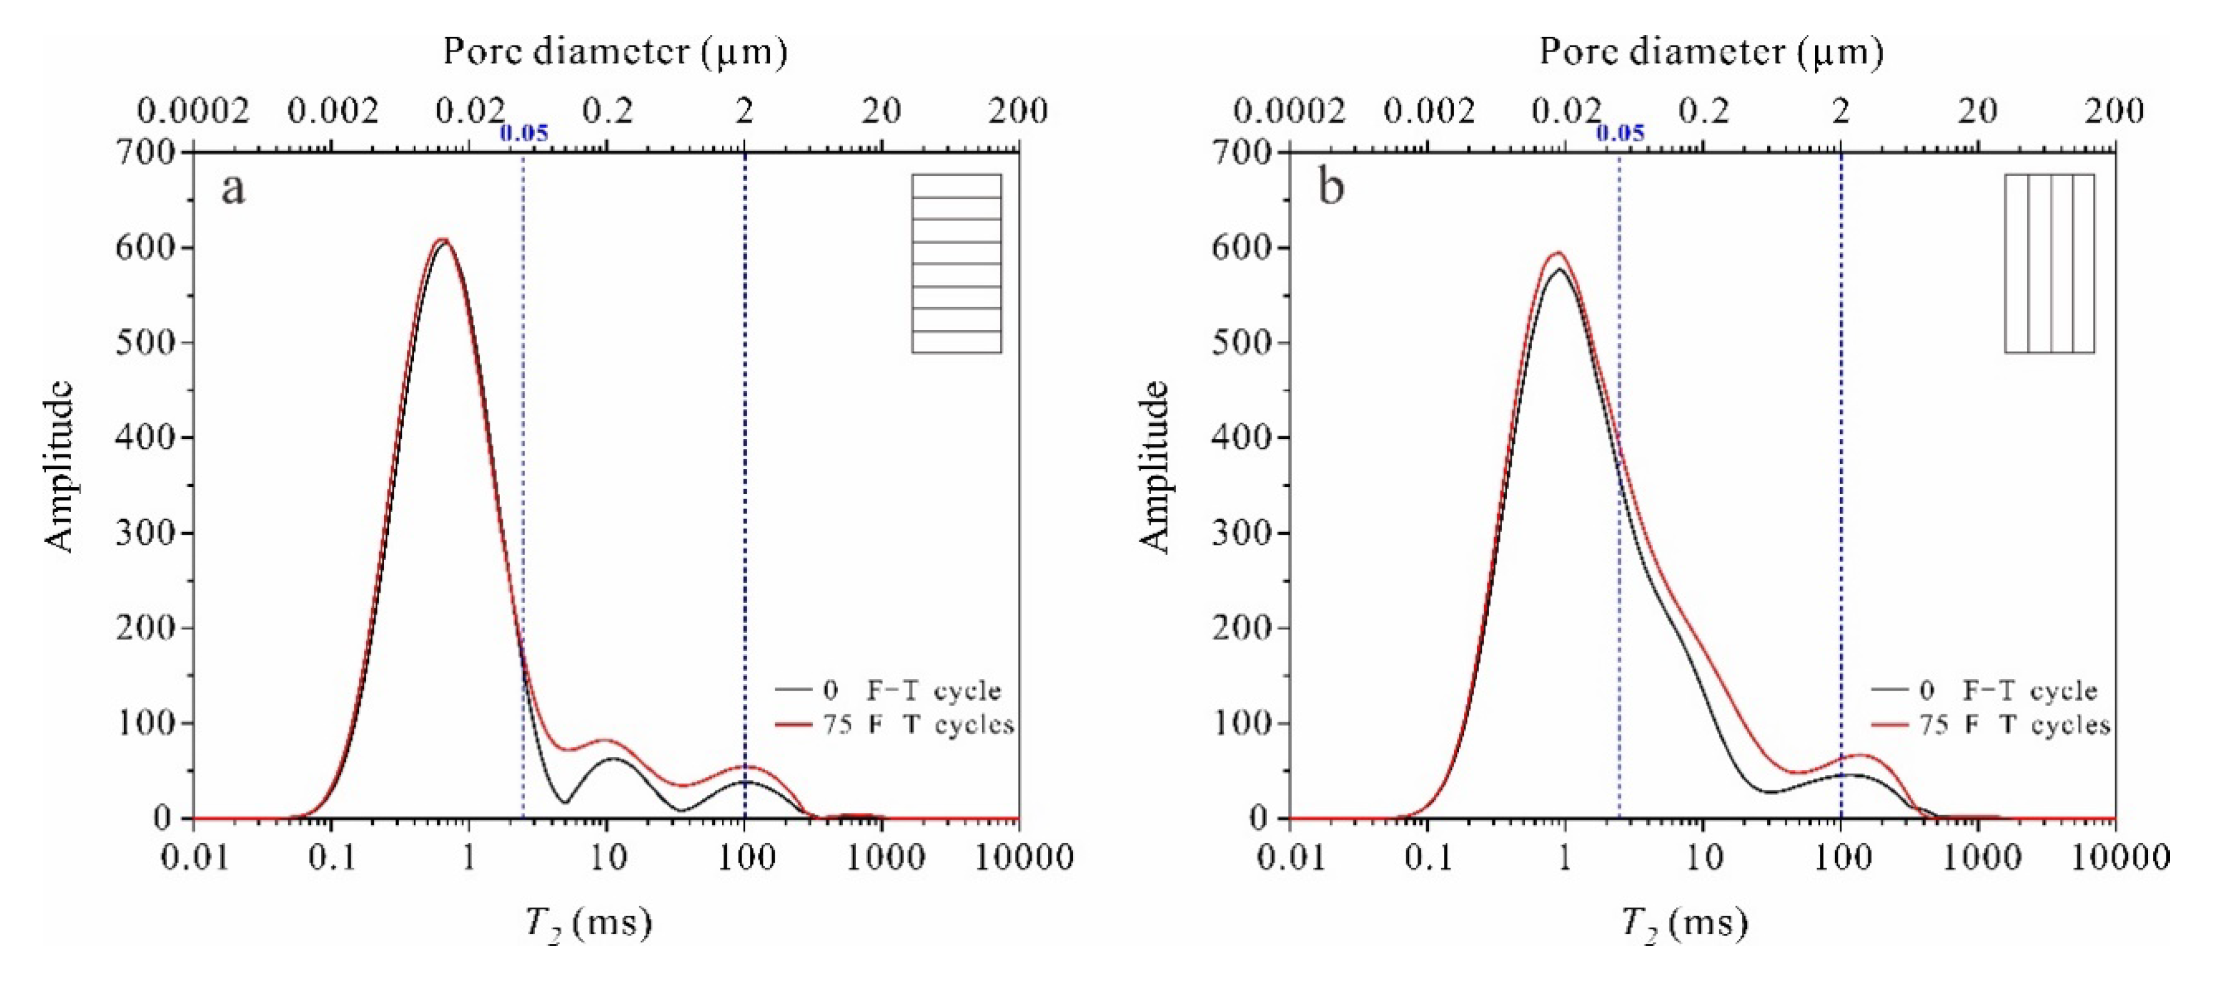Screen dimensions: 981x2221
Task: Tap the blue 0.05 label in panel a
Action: (x=523, y=133)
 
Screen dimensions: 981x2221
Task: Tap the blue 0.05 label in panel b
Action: (x=1620, y=133)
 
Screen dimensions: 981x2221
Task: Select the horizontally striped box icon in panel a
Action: (x=956, y=264)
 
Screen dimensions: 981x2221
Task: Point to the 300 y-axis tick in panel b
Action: (x=1241, y=533)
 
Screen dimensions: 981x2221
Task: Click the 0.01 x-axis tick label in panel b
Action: (x=1291, y=858)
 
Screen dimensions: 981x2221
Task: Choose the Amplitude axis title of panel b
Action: (x=1155, y=467)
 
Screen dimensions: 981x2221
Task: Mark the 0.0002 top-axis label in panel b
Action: (x=1289, y=111)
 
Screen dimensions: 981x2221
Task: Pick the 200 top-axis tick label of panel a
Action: (x=1018, y=111)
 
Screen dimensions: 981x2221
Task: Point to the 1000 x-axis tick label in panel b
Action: (x=1979, y=858)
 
